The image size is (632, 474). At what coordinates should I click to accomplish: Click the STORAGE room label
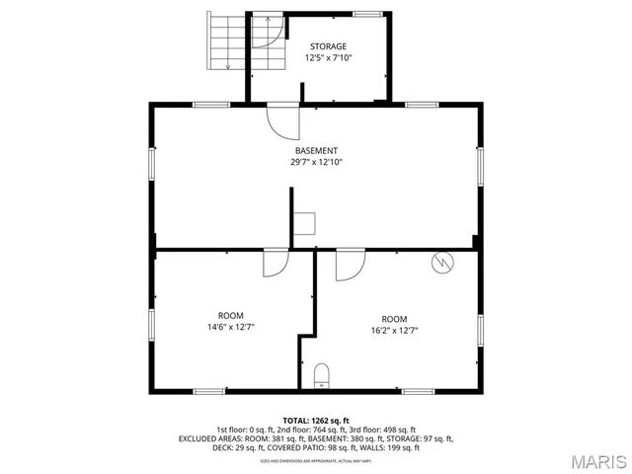[328, 46]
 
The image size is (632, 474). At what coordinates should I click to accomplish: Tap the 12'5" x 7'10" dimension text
[328, 58]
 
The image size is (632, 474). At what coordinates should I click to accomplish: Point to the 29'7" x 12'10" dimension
[316, 162]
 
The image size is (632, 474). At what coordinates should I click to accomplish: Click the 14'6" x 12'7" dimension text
[231, 326]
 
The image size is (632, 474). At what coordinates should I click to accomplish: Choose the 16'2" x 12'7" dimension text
[394, 331]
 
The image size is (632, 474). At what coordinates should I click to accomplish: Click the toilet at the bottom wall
[319, 374]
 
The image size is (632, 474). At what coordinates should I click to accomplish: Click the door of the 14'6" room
[276, 263]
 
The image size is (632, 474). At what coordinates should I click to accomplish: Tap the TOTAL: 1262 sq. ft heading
[316, 420]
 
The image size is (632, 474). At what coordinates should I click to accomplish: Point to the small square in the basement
[304, 222]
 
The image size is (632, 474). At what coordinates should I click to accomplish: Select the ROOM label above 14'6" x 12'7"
[231, 314]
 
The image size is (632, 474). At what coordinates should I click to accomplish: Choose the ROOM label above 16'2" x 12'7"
[394, 318]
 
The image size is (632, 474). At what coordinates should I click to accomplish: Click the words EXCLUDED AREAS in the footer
[210, 438]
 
